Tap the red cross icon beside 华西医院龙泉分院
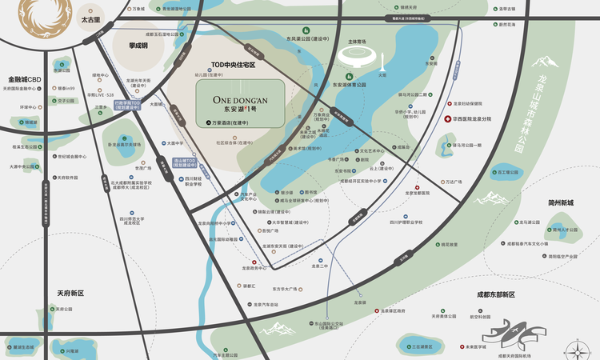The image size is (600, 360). click(448, 119)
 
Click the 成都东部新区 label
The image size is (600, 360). click(496, 294)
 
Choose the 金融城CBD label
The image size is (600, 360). click(24, 80)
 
